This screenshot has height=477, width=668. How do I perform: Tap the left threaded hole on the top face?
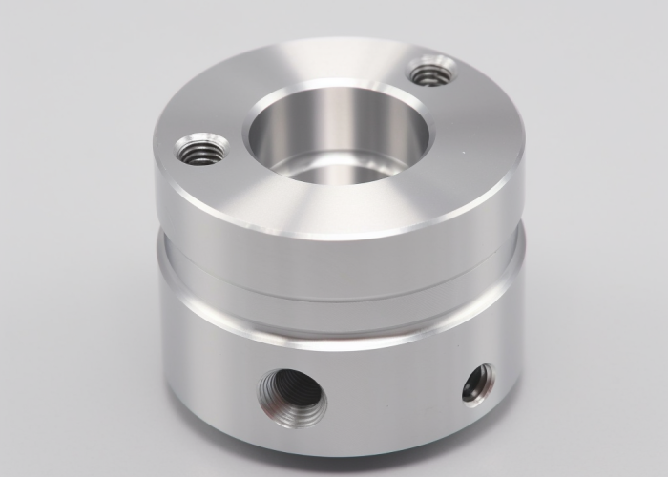[202, 151]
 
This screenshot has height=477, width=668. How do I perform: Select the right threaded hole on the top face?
[431, 72]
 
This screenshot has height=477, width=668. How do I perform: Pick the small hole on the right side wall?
[477, 383]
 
